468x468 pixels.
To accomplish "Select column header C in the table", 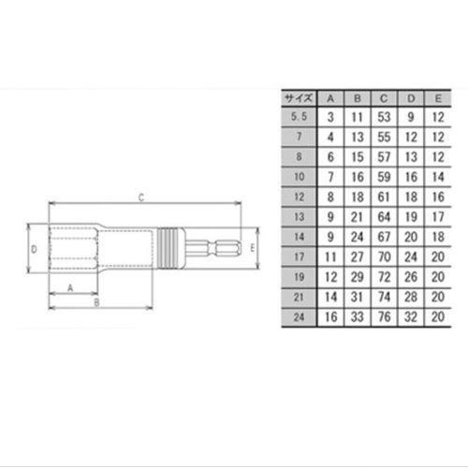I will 384,97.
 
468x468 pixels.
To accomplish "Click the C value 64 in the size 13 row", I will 384,216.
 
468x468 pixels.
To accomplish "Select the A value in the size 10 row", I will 329,176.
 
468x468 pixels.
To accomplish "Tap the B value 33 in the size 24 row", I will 357,316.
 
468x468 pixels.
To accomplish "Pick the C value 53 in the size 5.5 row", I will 384,116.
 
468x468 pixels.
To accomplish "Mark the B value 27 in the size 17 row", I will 357,256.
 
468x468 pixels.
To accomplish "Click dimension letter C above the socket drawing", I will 139,197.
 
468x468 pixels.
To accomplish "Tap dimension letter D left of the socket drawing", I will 34,250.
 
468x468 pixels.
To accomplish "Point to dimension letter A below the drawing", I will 70,288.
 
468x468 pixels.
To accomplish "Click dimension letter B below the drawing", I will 95,303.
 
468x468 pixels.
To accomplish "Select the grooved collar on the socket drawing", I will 169,250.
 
